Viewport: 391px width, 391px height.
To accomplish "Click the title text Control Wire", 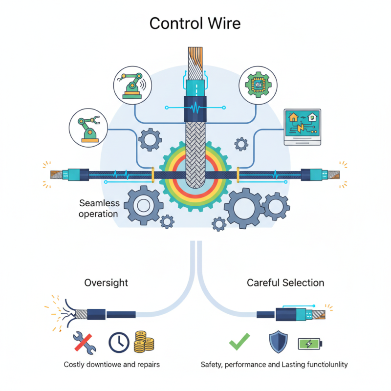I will (195, 23).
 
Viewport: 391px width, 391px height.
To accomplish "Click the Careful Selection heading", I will (285, 282).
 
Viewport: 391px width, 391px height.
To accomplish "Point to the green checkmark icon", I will (239, 342).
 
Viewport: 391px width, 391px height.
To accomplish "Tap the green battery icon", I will (311, 344).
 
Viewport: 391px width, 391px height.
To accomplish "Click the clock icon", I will (118, 343).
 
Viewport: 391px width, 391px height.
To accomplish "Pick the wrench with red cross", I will (84, 342).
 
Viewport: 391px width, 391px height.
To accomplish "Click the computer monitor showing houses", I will (303, 127).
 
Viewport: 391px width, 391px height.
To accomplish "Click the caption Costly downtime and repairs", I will (111, 365).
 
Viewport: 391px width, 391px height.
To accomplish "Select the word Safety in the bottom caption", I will (212, 365).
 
